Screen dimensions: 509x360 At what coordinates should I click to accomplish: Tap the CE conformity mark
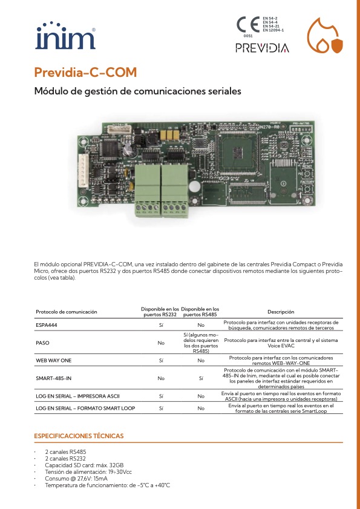click(x=247, y=25)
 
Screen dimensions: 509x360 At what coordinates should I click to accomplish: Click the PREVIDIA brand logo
click(x=262, y=48)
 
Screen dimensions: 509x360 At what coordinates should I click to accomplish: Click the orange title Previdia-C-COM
click(x=85, y=73)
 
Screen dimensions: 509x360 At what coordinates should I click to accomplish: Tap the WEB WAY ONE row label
click(x=54, y=360)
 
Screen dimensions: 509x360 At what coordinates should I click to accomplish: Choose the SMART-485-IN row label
click(x=54, y=378)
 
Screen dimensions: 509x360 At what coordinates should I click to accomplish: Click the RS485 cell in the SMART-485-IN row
click(x=201, y=378)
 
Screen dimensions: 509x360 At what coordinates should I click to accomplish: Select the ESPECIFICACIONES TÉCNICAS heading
click(x=79, y=436)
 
